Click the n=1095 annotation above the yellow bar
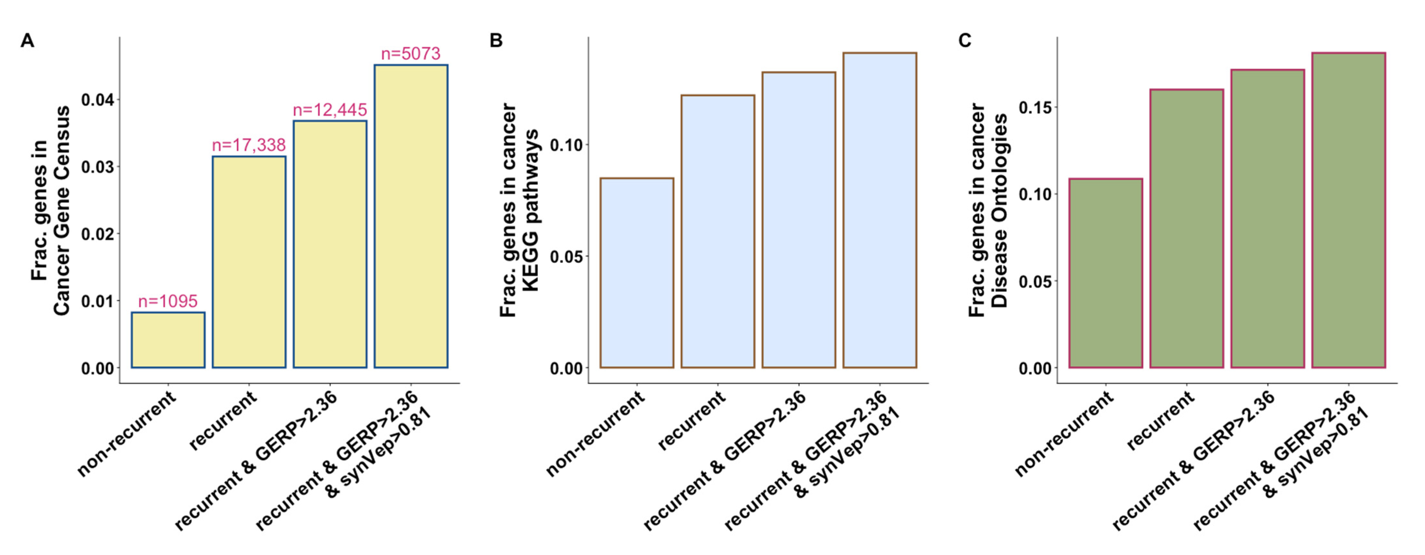[x=168, y=301]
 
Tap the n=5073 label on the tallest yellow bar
[x=411, y=54]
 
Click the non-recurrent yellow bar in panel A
[x=168, y=340]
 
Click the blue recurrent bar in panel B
[x=717, y=232]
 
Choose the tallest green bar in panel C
[x=1349, y=210]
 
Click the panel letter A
[x=27, y=41]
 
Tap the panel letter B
[x=496, y=41]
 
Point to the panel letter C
[x=965, y=41]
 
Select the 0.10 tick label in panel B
[x=567, y=145]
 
